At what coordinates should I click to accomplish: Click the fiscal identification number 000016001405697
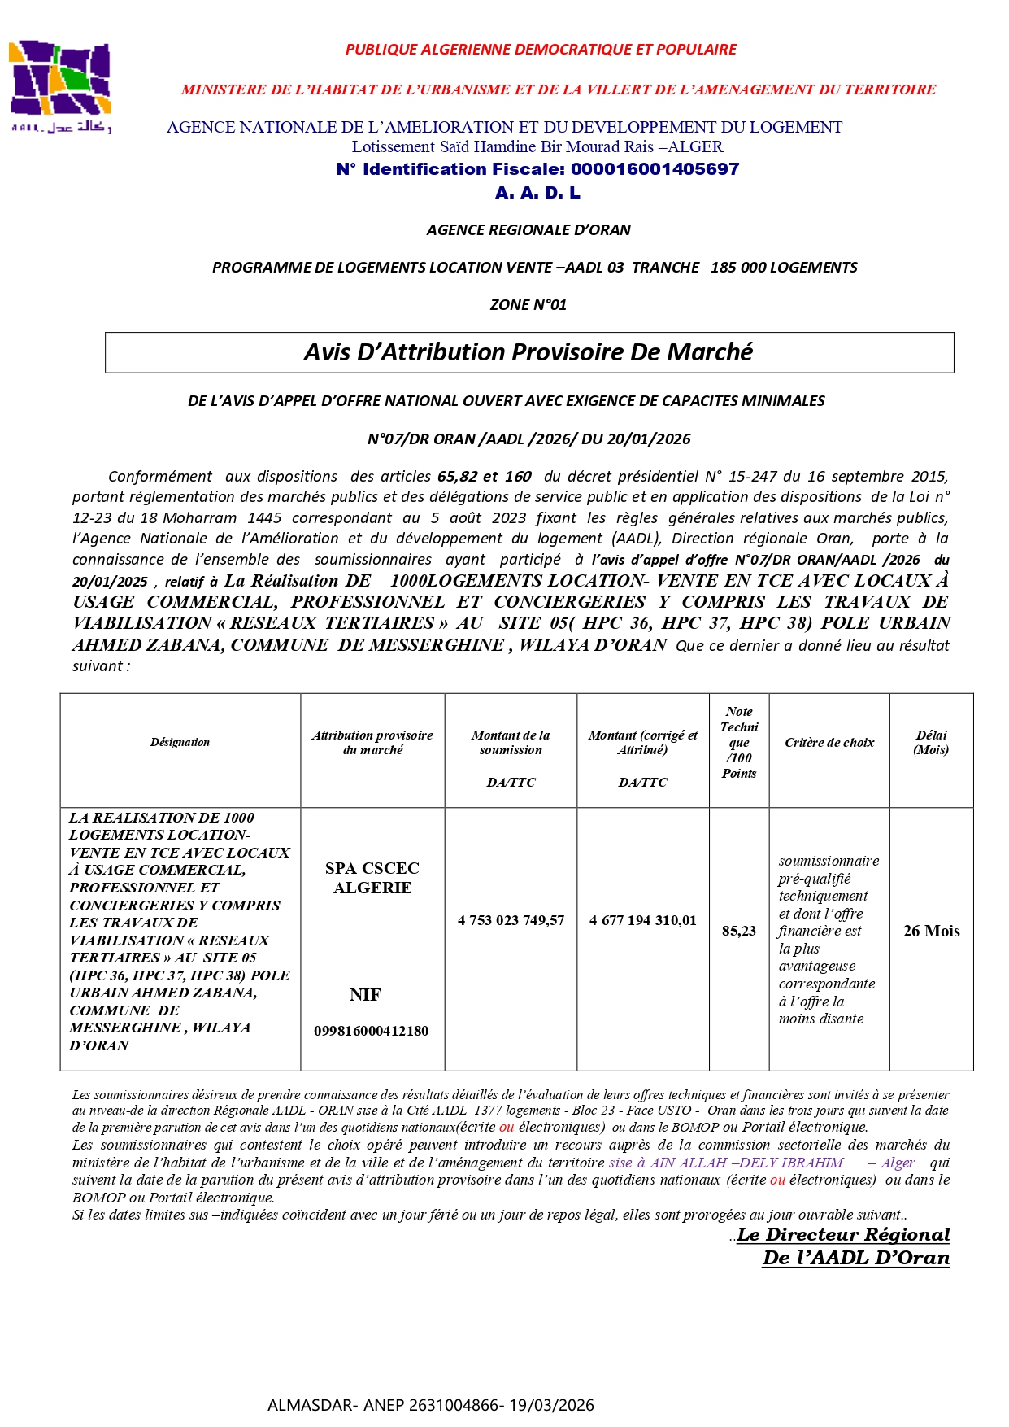coord(655,169)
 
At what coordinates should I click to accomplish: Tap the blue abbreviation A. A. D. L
coord(537,193)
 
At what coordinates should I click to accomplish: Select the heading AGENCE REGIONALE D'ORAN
coord(528,230)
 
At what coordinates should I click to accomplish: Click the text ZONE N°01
coord(528,305)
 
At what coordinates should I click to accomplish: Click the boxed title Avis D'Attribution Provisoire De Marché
coord(528,352)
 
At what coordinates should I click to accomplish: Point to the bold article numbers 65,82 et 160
coord(485,477)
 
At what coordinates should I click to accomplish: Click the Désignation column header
coord(180,742)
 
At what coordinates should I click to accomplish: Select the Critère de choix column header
coord(829,743)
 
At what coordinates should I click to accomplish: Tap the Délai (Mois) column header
coord(931,742)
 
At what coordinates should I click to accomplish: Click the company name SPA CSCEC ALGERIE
coord(372,878)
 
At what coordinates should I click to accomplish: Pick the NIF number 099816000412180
coord(372,1031)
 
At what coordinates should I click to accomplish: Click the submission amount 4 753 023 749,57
coord(511,920)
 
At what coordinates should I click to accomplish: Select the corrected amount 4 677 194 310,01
coord(643,920)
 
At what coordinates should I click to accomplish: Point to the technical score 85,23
coord(738,931)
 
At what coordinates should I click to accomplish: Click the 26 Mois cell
coord(931,931)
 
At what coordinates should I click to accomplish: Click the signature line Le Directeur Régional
coord(843,1235)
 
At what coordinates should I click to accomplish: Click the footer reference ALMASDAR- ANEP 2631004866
coord(431,1405)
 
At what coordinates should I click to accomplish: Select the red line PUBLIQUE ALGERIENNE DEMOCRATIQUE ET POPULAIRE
coord(541,50)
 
